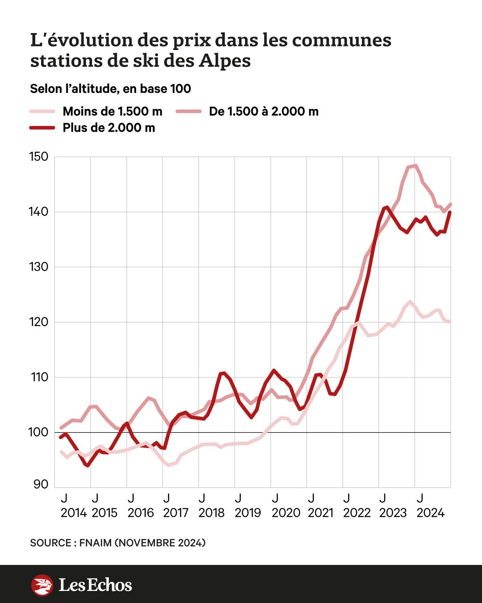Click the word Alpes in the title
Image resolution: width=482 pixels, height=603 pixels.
click(x=224, y=61)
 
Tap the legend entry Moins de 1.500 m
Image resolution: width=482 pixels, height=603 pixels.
click(x=112, y=111)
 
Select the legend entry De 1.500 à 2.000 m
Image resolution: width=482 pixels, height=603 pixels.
click(x=264, y=111)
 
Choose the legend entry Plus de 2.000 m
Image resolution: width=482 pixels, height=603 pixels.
click(x=109, y=128)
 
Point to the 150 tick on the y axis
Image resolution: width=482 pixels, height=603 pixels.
click(x=38, y=157)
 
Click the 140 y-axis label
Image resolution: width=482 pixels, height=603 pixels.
click(x=38, y=212)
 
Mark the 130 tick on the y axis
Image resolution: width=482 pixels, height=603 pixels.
click(x=38, y=267)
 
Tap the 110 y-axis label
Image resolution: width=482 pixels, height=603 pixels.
click(x=39, y=377)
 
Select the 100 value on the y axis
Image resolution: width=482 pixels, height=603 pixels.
click(x=38, y=432)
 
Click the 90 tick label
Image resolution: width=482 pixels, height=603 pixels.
click(x=40, y=484)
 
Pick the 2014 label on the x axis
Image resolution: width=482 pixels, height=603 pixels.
click(x=74, y=513)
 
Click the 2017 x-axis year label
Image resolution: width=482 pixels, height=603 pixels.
click(x=176, y=513)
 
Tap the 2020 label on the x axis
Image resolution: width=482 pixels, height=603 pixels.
click(x=286, y=513)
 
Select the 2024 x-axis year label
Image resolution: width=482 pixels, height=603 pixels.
click(x=431, y=513)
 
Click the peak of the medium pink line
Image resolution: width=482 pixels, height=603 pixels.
click(x=416, y=166)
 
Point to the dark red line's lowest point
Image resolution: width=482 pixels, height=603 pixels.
click(x=87, y=465)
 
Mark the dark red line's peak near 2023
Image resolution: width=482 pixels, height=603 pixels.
click(x=386, y=207)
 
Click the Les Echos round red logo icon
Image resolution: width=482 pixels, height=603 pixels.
click(x=42, y=585)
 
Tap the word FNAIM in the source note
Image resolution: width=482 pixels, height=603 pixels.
click(x=96, y=543)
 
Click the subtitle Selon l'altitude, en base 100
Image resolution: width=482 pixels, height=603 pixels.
click(x=110, y=89)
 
